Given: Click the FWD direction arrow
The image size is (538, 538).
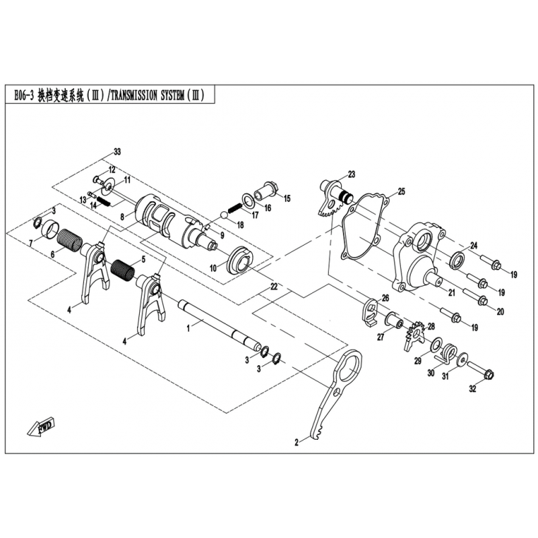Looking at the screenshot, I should (41, 427).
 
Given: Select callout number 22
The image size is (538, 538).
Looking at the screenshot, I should (274, 287).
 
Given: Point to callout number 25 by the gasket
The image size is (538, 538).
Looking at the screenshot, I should (401, 192).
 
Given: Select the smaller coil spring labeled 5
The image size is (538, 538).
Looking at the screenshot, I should (123, 268).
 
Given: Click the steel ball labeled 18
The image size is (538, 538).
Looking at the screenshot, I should (223, 216).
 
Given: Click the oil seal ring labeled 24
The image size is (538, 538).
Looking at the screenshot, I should (457, 259).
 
